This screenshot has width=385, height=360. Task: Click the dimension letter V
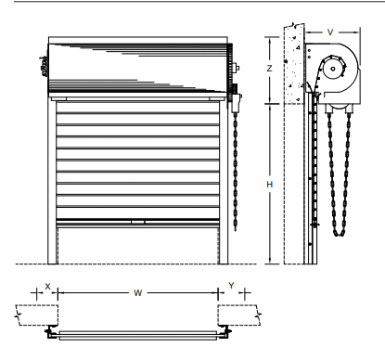coord(330,32)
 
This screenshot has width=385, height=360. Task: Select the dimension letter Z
coord(269,69)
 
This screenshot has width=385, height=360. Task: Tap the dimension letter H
coord(270,185)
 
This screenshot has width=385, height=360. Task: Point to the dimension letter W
coord(138,293)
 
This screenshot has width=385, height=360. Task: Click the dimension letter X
coord(47,287)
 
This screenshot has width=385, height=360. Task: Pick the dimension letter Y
coord(231,286)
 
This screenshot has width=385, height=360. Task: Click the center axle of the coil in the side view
coord(333,69)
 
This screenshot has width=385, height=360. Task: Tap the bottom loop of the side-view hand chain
coord(340,233)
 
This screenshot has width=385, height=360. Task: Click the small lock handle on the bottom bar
coord(137,222)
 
